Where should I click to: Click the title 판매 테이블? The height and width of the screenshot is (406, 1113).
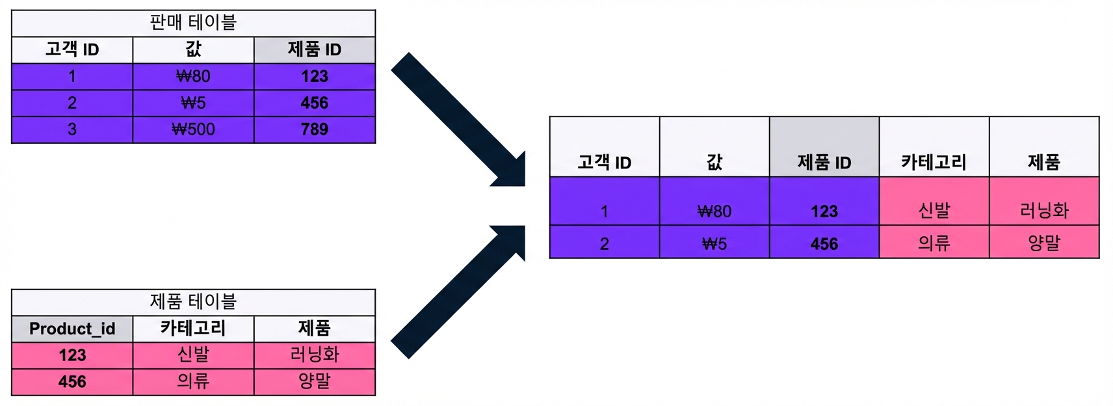click(193, 22)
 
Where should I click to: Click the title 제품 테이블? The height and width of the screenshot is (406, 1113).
click(193, 301)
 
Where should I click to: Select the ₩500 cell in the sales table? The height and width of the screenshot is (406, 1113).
click(193, 130)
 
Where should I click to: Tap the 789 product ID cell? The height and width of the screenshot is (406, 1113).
click(315, 130)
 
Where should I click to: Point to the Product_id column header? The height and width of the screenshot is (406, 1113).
click(72, 329)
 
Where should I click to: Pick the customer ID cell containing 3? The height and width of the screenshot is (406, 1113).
click(72, 130)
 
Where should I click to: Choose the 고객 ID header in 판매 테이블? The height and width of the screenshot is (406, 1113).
click(72, 49)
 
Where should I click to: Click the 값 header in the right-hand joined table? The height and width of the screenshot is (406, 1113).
click(714, 147)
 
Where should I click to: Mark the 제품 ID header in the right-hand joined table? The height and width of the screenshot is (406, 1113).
click(824, 147)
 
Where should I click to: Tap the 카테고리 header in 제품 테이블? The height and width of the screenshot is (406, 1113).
click(193, 329)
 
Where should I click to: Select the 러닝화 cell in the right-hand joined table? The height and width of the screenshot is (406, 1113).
click(1044, 202)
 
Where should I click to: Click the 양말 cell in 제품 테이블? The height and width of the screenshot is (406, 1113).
click(315, 382)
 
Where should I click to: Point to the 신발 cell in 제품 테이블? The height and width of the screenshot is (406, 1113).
click(193, 355)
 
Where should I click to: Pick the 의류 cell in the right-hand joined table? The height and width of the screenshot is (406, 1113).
click(934, 242)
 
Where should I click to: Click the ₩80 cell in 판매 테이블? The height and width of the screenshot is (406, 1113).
click(193, 77)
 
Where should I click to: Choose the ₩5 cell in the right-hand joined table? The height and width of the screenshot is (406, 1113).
click(714, 242)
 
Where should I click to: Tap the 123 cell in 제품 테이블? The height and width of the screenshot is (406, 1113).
click(72, 355)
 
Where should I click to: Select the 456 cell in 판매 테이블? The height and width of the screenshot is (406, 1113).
click(315, 103)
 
